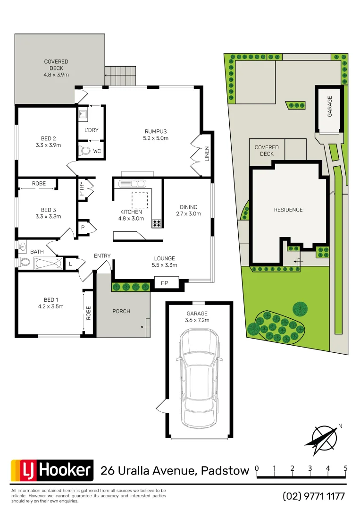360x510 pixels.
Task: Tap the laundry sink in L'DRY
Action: tap(83, 114)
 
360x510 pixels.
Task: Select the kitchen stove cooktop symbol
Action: tap(157, 223)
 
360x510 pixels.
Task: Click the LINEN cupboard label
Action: tap(207, 154)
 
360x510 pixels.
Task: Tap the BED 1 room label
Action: tap(50, 303)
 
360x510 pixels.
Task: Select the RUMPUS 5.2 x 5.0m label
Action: tap(156, 135)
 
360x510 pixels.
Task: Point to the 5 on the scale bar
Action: tap(346, 468)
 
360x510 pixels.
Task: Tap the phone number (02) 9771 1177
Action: tap(314, 496)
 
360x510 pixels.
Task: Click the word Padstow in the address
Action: tap(225, 471)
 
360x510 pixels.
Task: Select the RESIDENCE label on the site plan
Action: tap(288, 210)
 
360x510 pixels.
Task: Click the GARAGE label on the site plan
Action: tap(330, 106)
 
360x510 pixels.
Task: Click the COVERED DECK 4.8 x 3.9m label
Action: tap(56, 68)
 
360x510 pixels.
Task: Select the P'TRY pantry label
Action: tap(82, 189)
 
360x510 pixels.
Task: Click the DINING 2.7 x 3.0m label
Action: tap(188, 210)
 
